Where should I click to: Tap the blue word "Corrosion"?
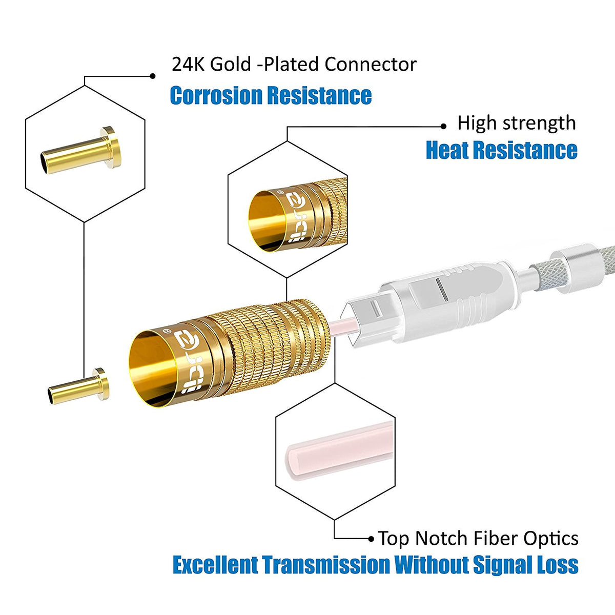click(x=217, y=96)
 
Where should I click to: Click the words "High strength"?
click(x=516, y=123)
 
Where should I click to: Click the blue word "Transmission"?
click(x=326, y=565)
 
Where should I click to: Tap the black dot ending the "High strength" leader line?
click(x=444, y=127)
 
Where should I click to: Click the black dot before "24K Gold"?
click(x=152, y=76)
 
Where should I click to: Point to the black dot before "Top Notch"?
click(x=372, y=539)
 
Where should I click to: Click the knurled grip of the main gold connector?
click(x=272, y=348)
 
